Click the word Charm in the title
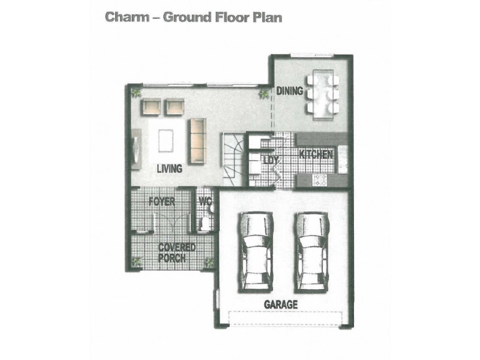[x=127, y=17]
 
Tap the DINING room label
[x=290, y=91]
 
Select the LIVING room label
[x=169, y=169]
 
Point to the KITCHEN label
[x=316, y=154]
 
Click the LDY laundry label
[x=271, y=160]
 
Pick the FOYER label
[x=162, y=202]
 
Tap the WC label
[x=205, y=202]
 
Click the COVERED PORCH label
[x=177, y=253]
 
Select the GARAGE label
[x=281, y=305]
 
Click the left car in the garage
[x=256, y=251]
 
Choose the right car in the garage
[x=311, y=251]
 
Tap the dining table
[x=323, y=95]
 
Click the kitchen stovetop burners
[x=320, y=180]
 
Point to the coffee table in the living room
[x=166, y=140]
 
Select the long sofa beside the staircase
[x=197, y=141]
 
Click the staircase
[x=233, y=159]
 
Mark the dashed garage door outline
[x=286, y=319]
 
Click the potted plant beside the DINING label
[x=264, y=94]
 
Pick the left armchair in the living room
[x=151, y=107]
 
